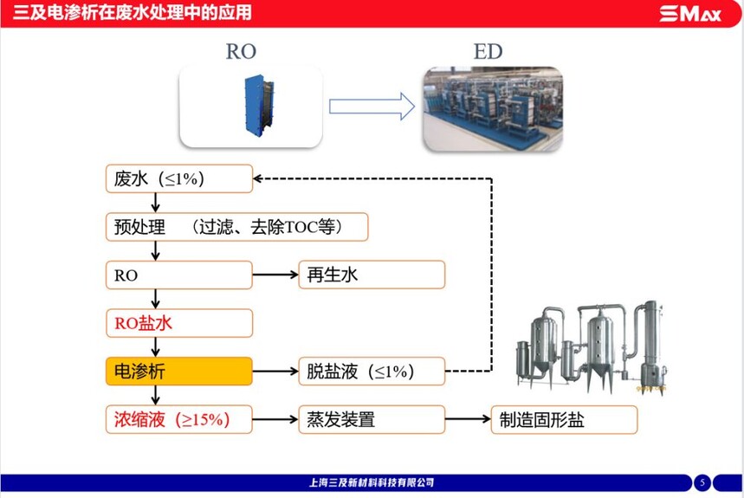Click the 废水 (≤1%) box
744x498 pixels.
178,179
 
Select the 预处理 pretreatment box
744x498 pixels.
236,227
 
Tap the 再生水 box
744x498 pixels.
372,275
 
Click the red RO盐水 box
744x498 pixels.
178,323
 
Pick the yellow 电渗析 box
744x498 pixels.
178,372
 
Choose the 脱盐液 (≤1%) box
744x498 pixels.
372,372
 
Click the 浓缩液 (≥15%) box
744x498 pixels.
178,420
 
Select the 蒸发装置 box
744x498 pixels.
372,420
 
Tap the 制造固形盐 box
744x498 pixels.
564,420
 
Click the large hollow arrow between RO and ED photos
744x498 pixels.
372,107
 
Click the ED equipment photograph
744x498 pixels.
493,108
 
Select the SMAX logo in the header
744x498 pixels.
689,14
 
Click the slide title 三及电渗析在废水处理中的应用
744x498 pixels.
131,13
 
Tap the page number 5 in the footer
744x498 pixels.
703,482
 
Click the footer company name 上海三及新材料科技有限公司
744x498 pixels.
372,482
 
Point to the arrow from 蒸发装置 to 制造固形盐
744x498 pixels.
468,420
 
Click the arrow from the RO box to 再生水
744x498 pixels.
275,275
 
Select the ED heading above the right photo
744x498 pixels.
488,51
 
